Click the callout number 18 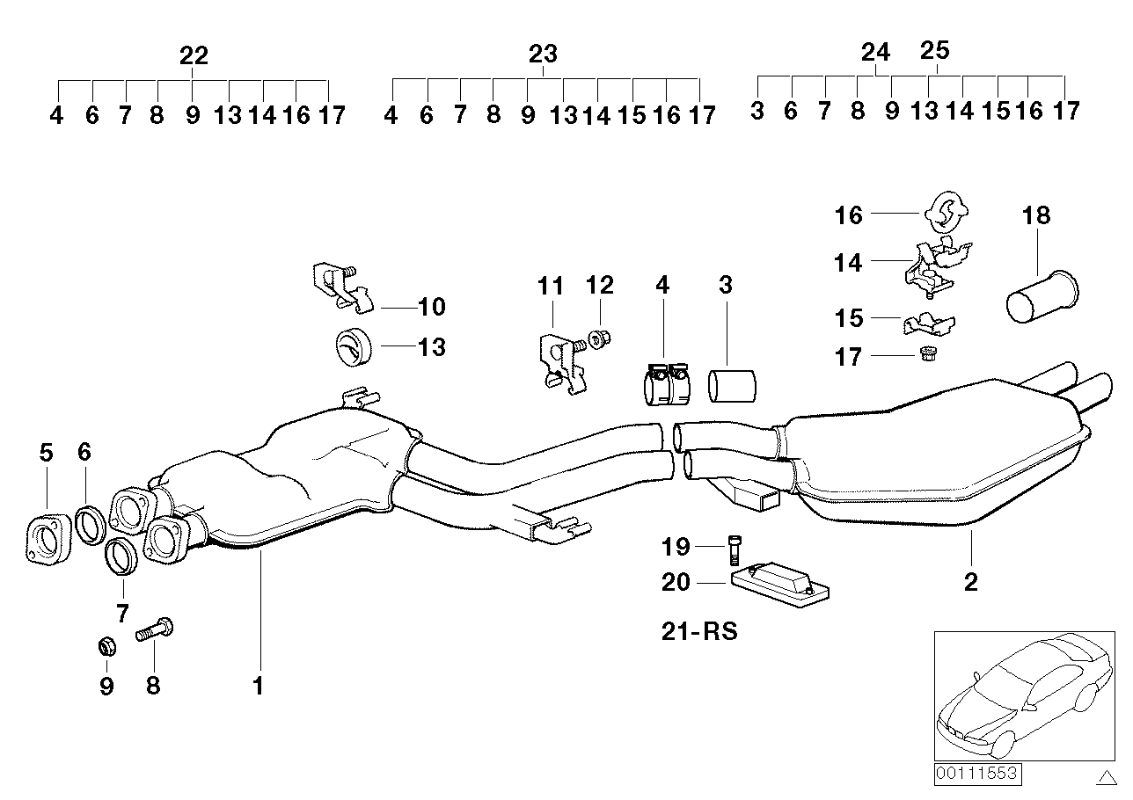[x=1036, y=215]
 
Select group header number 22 [x=194, y=56]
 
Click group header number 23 [x=544, y=55]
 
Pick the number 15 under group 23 [x=632, y=114]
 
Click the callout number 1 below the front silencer [x=259, y=685]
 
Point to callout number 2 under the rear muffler [x=970, y=581]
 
